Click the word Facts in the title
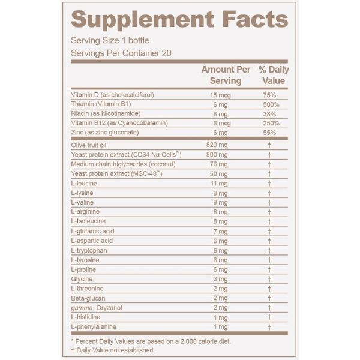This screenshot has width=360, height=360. pos(252,20)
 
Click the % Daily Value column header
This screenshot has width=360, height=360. pos(274,75)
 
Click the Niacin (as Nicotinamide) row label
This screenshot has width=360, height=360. pos(106,114)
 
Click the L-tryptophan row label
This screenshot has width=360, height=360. pos(90,250)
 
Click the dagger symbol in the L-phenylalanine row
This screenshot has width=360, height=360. pos(270,326)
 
